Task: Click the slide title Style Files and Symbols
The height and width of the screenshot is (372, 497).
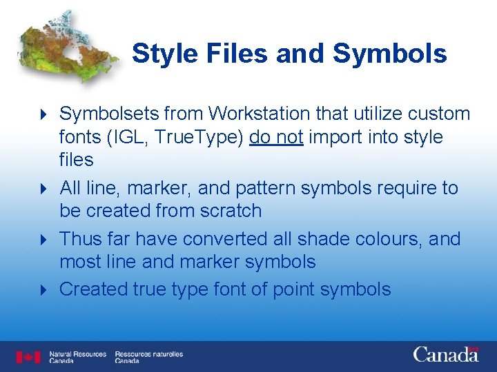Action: (x=289, y=54)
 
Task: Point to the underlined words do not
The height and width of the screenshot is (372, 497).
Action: (x=276, y=136)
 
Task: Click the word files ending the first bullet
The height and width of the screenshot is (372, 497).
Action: (x=76, y=160)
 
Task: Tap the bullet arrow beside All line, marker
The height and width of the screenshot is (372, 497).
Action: (x=43, y=188)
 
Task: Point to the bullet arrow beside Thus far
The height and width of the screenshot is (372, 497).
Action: (x=43, y=240)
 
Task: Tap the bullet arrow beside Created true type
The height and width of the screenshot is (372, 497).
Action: (x=43, y=290)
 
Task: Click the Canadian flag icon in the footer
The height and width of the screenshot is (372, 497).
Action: (x=28, y=357)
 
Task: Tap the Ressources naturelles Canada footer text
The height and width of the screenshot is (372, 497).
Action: (x=148, y=357)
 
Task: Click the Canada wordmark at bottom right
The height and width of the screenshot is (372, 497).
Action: (x=446, y=355)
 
